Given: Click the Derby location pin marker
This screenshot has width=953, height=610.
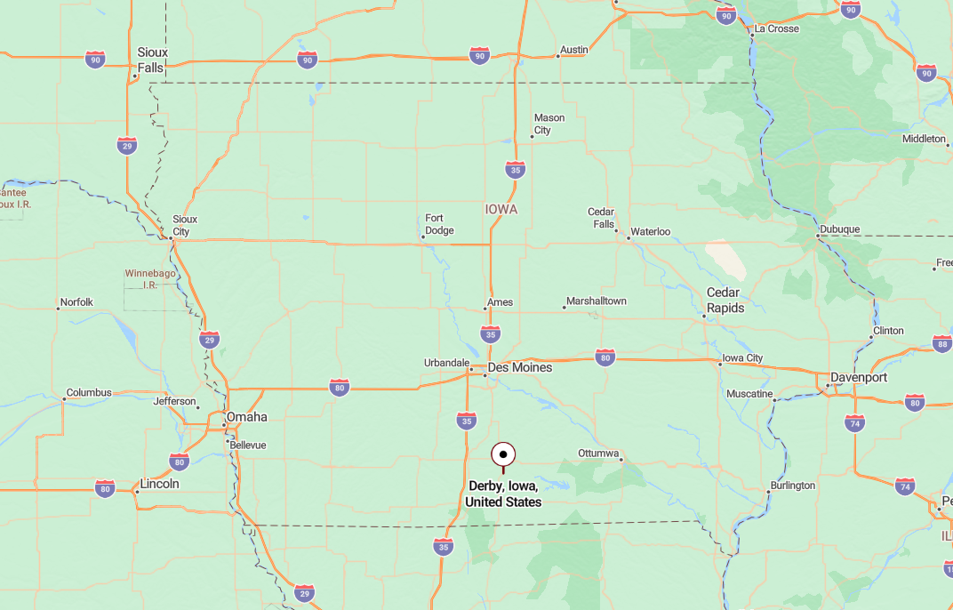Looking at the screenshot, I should coord(503,455).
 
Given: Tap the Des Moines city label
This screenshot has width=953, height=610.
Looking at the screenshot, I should coord(520,367).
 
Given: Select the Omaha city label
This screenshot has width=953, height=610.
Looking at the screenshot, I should coord(246,417).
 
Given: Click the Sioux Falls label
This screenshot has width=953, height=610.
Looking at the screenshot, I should coord(152,60).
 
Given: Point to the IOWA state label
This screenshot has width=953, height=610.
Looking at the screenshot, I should coord(501,210).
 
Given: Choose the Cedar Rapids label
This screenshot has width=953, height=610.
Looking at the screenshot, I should coord(723,300).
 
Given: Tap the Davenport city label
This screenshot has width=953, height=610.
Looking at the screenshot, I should coord(859,377).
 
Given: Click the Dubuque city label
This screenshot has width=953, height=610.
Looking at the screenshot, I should coord(839,229).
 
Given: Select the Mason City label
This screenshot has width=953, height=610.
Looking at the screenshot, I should coord(549,124).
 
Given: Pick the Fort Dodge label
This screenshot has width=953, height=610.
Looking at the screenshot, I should coord(439,224).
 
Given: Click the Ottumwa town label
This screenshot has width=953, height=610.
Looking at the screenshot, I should coord(598,453).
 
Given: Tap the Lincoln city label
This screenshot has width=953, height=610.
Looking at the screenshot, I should coord(160,484).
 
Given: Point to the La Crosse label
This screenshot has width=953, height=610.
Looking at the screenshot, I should coord(776,28).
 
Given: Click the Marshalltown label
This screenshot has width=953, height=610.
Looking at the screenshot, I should coord(597,301).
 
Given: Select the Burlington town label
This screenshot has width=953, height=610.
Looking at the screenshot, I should coord(793,486).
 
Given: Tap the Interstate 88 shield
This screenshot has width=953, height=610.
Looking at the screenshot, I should coord(942,344).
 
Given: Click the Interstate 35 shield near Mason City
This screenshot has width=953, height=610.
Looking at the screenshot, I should coord(515,169).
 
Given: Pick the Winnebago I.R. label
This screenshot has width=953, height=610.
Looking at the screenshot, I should coord(149,278).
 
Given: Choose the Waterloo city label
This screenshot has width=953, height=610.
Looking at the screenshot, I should coord(650,232).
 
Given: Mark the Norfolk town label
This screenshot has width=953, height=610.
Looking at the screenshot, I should coord(76,302).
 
